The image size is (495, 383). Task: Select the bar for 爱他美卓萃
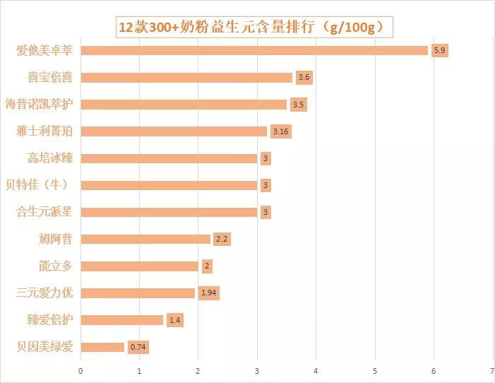[254, 50]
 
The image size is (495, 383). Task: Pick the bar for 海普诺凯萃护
[184, 105]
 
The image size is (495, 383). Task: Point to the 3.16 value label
[281, 131]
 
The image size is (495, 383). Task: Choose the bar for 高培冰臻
[169, 158]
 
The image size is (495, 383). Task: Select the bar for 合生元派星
[169, 212]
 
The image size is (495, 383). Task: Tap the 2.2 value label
[222, 239]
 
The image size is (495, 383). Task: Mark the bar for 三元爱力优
[138, 293]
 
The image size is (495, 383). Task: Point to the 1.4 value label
[175, 320]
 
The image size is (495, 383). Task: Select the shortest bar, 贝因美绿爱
[102, 347]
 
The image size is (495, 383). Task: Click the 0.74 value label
[138, 347]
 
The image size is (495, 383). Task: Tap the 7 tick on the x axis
[492, 371]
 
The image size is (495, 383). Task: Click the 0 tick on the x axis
[80, 371]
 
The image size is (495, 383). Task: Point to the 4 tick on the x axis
[316, 371]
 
